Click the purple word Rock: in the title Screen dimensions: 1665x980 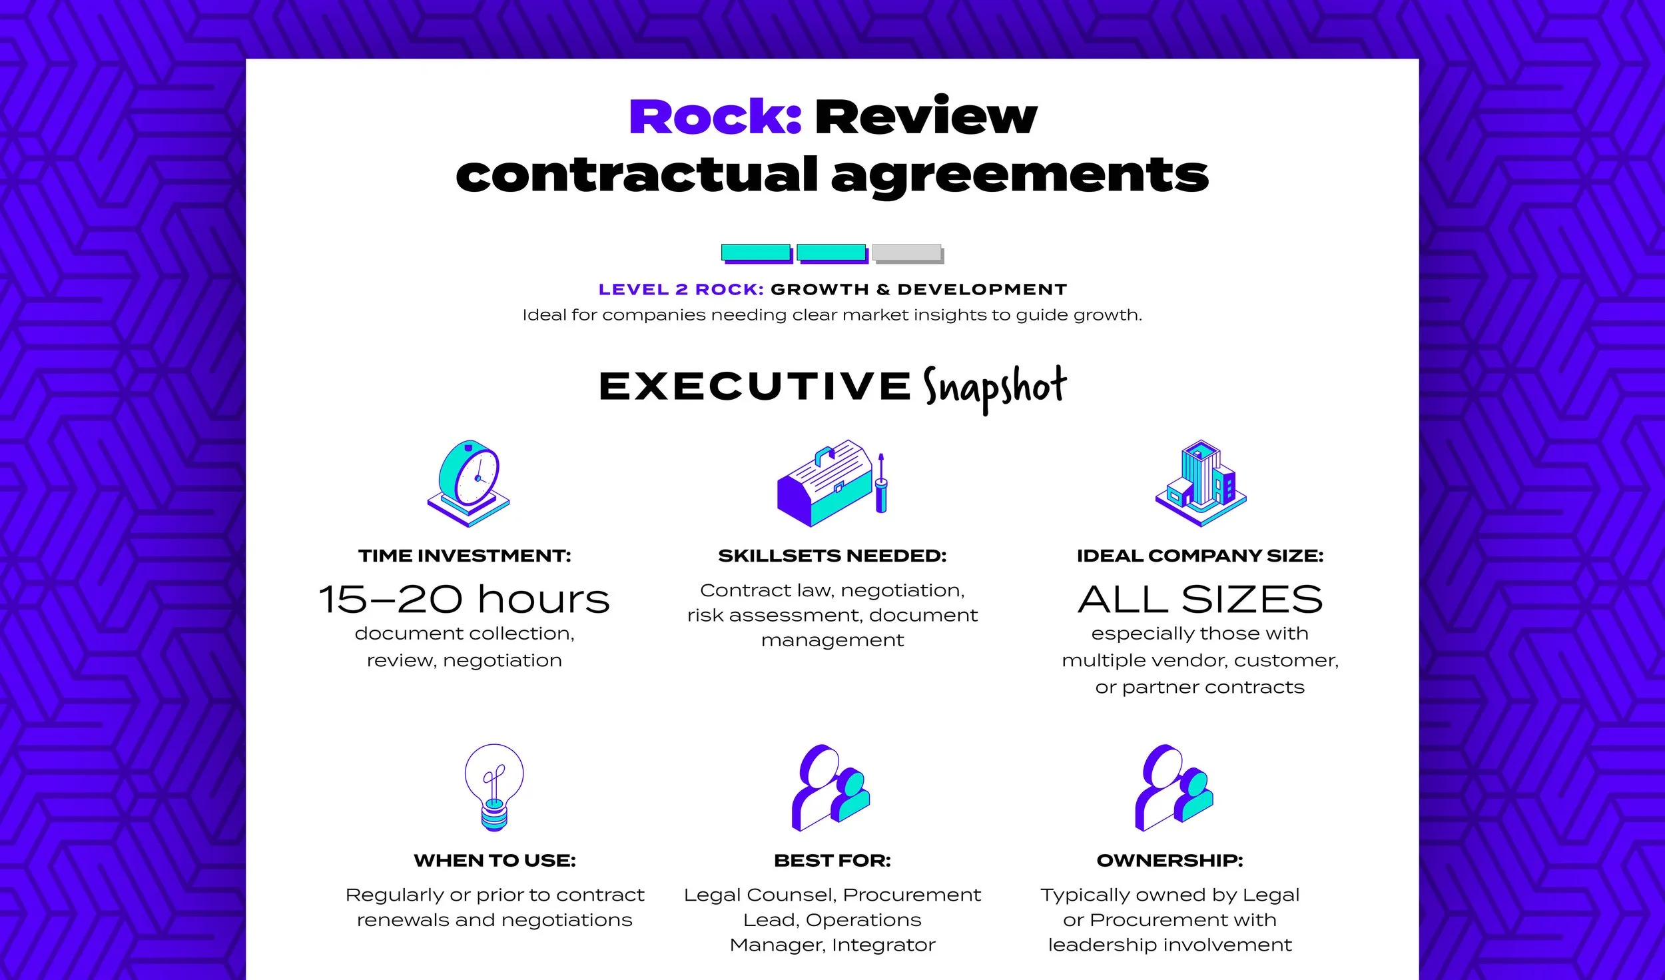coord(715,117)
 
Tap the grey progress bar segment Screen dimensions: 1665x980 coord(907,253)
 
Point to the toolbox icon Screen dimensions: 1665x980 coord(825,484)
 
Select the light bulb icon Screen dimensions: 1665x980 coord(494,786)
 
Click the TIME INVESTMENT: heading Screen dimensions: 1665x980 coord(464,556)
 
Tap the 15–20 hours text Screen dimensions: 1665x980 coord(464,599)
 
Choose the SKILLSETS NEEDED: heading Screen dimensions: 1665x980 coord(832,556)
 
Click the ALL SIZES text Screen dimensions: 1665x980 coord(1200,599)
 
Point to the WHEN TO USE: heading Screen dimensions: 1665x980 coord(494,860)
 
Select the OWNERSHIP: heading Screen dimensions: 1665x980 coord(1169,860)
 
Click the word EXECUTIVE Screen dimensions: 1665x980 coord(755,386)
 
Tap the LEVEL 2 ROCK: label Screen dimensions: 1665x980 coord(681,290)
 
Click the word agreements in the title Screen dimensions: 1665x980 coord(1019,176)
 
